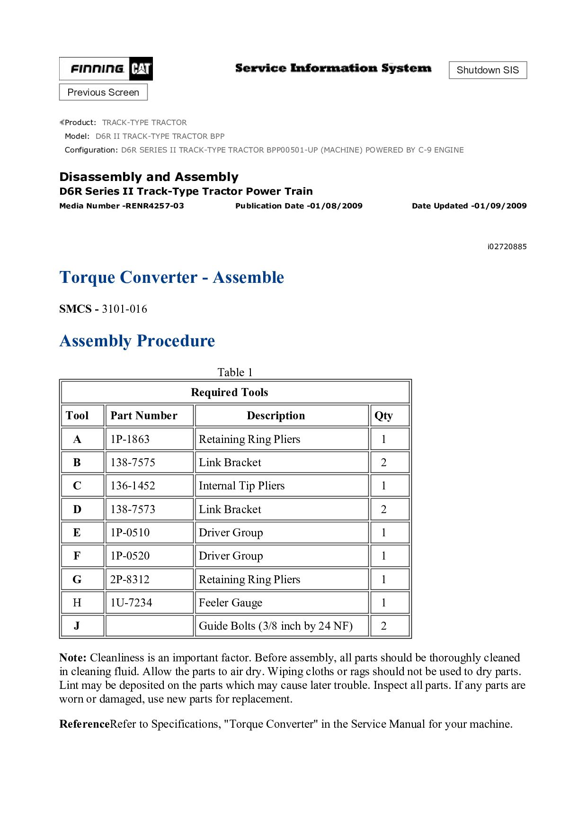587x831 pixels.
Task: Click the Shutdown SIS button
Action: coord(488,70)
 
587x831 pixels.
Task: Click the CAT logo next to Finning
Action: coord(141,69)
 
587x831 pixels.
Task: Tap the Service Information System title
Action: coord(333,68)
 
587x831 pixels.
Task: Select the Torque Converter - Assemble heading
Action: coord(172,277)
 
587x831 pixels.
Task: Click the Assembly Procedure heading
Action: coord(137,341)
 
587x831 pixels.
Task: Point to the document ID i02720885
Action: coord(507,246)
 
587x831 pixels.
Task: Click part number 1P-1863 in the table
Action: coord(130,439)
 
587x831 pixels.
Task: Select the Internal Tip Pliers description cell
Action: coord(242,486)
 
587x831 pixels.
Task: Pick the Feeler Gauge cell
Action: coord(231,603)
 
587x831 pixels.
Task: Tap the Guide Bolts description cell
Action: coord(276,626)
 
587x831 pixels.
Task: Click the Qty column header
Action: coord(384,415)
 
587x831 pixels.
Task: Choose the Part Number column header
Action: coord(144,415)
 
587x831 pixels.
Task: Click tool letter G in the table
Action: coord(77,579)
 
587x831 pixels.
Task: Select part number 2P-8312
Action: coord(130,579)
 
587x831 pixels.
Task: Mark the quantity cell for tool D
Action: coord(384,509)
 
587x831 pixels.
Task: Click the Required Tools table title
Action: coord(230,392)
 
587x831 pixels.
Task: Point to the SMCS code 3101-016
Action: coord(125,309)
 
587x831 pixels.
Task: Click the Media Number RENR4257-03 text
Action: coord(122,206)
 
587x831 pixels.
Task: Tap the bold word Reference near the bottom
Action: coord(84,724)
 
